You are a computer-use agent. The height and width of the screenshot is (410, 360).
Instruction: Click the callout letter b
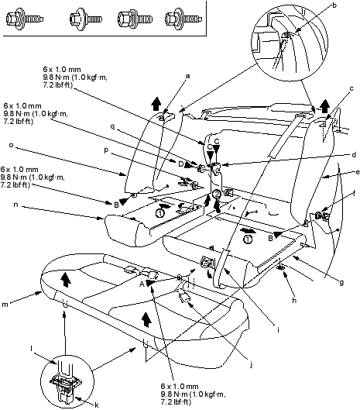[334, 5]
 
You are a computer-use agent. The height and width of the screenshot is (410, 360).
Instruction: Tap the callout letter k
[97, 405]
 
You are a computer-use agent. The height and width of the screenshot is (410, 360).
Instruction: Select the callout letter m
[5, 305]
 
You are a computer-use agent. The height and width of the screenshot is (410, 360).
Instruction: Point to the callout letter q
[112, 127]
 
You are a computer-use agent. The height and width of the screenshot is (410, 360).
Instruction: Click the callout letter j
[252, 364]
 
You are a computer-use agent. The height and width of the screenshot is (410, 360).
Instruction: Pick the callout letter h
[294, 301]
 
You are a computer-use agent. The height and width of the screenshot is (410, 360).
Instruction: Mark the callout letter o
[11, 145]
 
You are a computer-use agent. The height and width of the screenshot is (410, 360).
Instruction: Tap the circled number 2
[217, 194]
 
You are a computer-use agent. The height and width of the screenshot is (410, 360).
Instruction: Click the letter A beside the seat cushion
[142, 284]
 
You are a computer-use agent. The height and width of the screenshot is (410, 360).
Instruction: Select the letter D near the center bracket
[181, 164]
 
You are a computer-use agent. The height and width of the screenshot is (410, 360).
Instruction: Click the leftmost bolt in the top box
[24, 19]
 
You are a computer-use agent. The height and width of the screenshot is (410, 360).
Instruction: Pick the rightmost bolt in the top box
[183, 19]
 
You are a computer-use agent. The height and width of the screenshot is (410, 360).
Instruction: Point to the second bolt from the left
[86, 19]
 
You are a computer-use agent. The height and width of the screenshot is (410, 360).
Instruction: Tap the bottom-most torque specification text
[193, 394]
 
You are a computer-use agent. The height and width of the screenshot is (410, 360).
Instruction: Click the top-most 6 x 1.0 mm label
[62, 69]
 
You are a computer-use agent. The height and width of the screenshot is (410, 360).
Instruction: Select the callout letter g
[341, 282]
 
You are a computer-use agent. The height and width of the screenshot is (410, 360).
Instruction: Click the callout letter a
[187, 76]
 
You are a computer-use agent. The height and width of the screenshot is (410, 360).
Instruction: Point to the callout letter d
[354, 155]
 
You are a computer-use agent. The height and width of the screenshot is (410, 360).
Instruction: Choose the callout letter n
[15, 205]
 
